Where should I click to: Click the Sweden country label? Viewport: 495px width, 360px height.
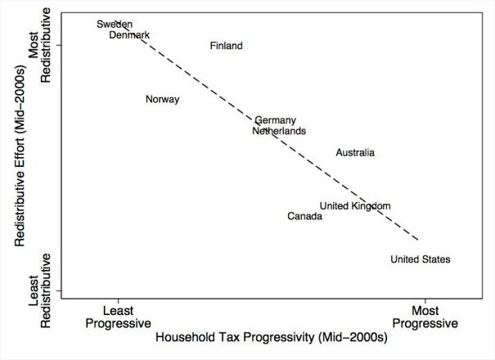115,25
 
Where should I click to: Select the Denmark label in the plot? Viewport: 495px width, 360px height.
129,35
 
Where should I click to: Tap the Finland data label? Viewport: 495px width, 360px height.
226,46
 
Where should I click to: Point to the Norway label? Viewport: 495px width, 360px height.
162,100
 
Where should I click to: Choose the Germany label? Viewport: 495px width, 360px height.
275,120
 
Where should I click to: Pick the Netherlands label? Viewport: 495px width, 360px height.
279,131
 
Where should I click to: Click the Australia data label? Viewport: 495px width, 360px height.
355,153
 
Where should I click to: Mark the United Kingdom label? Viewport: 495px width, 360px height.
354,206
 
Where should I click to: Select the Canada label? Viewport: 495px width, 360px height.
304,217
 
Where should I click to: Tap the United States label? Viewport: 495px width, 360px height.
420,260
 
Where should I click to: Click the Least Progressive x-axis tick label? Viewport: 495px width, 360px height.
118,317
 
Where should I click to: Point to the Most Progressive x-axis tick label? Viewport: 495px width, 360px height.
425,317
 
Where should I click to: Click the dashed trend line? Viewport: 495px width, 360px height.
270,131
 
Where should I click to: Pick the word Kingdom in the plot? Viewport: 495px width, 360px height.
371,206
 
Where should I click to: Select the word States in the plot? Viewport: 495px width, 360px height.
435,260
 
